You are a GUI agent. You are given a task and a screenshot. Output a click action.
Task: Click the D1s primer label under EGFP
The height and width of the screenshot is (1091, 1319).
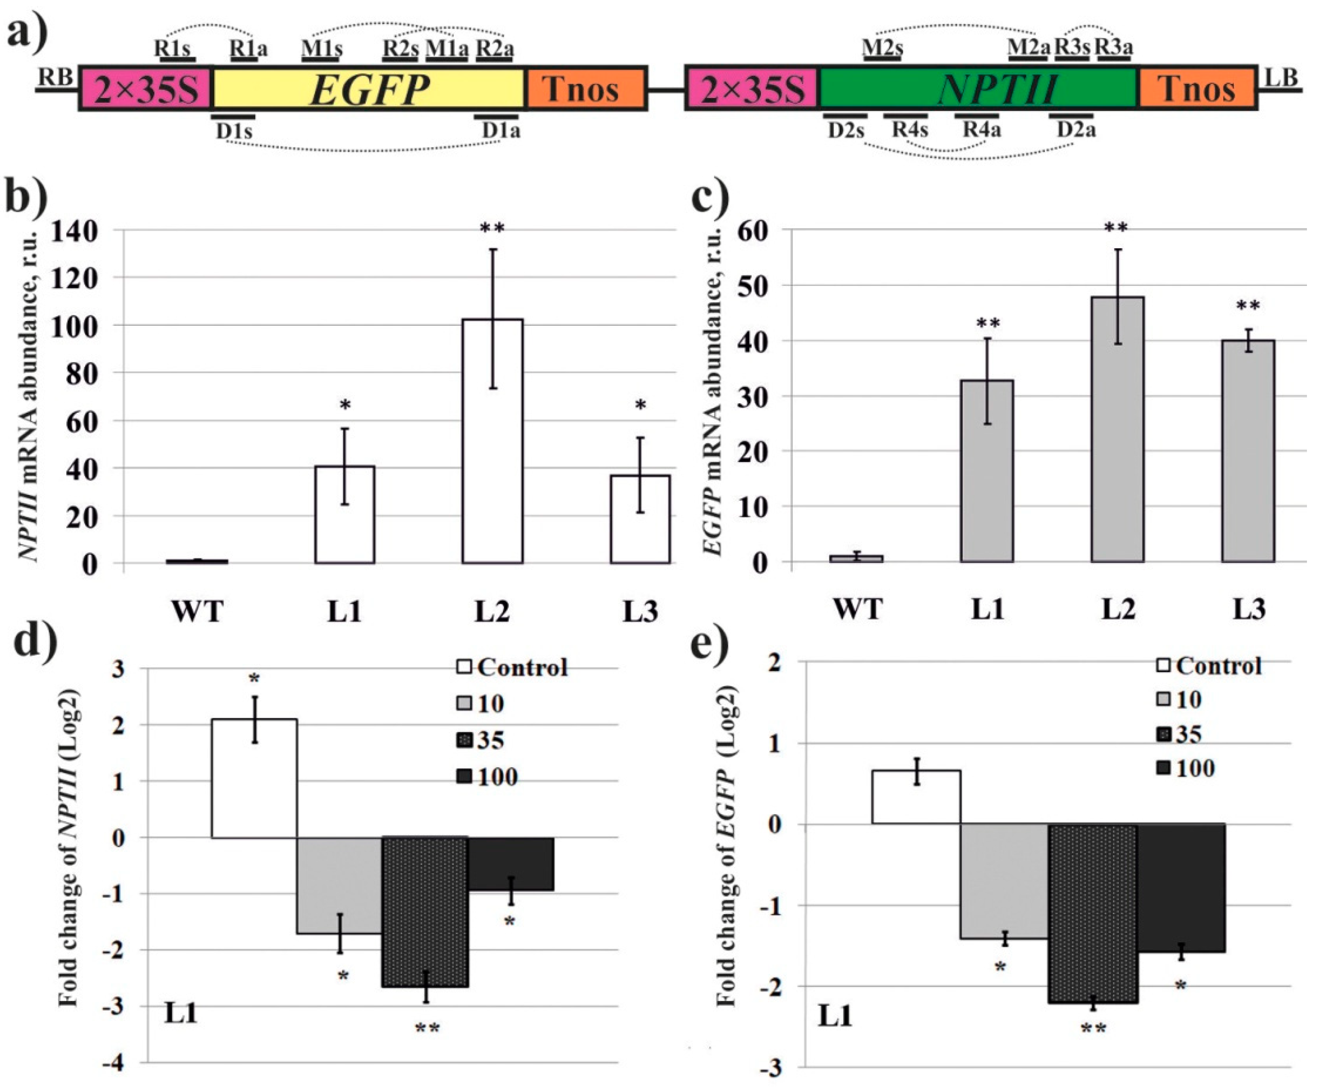click(x=234, y=131)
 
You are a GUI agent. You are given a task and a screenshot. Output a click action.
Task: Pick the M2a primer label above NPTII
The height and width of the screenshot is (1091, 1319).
click(x=1029, y=47)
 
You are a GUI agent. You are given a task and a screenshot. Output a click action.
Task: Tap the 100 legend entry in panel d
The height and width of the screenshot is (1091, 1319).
click(x=496, y=777)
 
